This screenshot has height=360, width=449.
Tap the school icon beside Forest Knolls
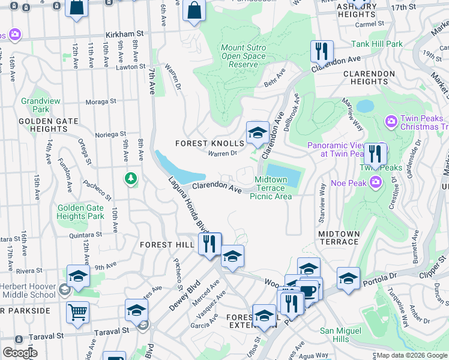coord(258,133)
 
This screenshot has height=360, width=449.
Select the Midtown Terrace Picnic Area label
coord(274,188)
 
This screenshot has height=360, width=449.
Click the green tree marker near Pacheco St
coord(130,178)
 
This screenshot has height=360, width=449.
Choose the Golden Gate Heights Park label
coord(80,212)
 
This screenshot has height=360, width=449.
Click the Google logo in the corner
coord(20,352)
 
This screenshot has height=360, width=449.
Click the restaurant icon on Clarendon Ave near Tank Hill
coord(322,52)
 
